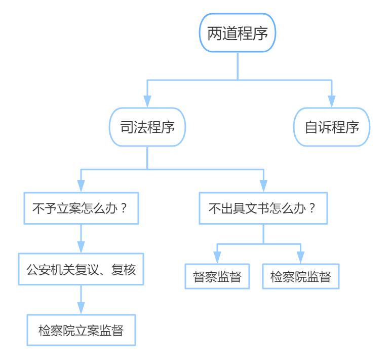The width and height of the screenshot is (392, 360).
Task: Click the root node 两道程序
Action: (x=238, y=33)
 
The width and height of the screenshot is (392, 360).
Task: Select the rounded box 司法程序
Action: (x=147, y=127)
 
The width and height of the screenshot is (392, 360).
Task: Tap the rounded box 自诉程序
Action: (x=332, y=127)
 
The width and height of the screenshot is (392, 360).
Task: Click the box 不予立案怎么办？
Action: (x=82, y=208)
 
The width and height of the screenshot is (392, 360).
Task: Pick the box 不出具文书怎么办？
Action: (x=263, y=208)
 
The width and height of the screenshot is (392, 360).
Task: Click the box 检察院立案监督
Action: (x=82, y=330)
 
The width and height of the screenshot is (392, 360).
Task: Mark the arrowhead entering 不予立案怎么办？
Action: (x=82, y=187)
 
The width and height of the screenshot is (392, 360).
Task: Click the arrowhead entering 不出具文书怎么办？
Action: (x=263, y=187)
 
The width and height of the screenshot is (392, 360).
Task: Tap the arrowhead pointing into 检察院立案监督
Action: (x=82, y=308)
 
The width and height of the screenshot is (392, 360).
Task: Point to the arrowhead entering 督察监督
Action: (x=217, y=257)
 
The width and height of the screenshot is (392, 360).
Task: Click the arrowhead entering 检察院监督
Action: (x=301, y=257)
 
